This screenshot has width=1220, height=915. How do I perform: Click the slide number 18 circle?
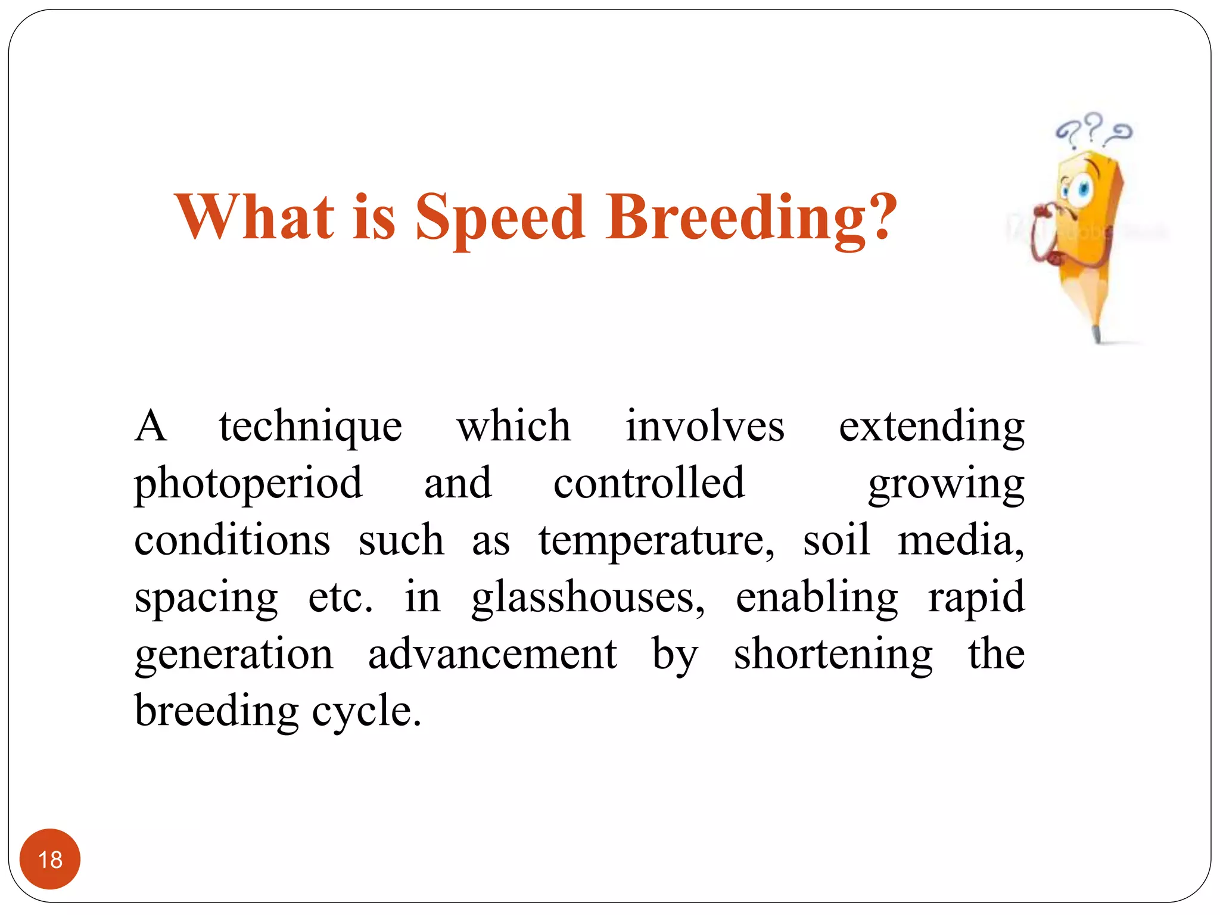(x=50, y=859)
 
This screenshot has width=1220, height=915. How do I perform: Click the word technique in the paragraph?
(x=310, y=427)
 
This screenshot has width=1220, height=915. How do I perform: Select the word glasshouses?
(x=588, y=597)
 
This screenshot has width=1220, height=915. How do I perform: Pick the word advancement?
(x=492, y=654)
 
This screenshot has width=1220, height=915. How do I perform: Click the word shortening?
(x=833, y=654)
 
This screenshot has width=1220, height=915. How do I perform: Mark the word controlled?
(x=649, y=483)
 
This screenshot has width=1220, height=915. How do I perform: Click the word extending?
(x=931, y=427)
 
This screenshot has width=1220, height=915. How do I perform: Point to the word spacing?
(x=206, y=597)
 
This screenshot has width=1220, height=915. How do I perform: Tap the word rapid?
(x=976, y=597)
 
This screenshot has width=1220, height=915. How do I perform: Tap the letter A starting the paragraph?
(x=150, y=427)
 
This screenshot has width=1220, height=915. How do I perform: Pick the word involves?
(x=705, y=427)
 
